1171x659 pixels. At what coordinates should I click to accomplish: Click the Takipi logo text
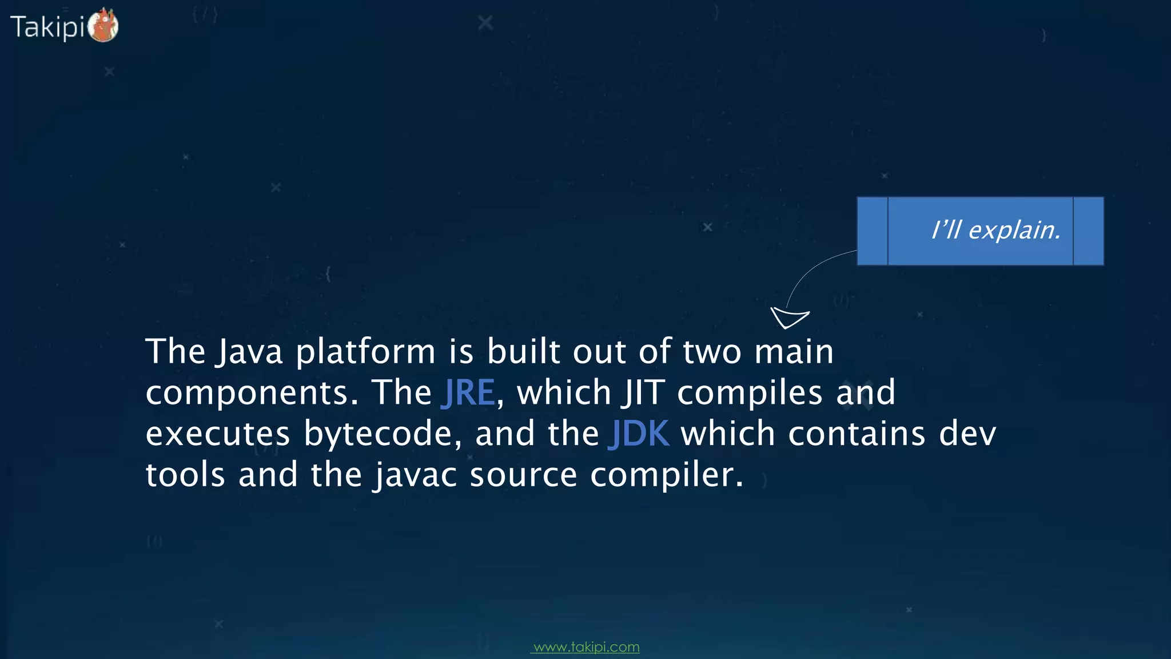[x=47, y=27]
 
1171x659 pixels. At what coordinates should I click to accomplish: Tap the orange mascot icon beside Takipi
[x=103, y=26]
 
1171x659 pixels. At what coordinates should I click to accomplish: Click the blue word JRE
[x=468, y=392]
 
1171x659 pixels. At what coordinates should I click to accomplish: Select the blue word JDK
[x=639, y=434]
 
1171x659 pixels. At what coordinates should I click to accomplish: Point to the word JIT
[x=644, y=392]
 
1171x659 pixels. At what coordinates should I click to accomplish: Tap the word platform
[x=366, y=352]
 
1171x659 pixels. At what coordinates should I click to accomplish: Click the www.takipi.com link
[x=585, y=647]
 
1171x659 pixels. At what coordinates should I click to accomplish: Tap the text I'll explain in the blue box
[x=996, y=230]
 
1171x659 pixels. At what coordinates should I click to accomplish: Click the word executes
[x=218, y=434]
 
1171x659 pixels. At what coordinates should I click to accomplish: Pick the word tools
[x=185, y=475]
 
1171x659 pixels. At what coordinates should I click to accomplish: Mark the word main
[x=794, y=351]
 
